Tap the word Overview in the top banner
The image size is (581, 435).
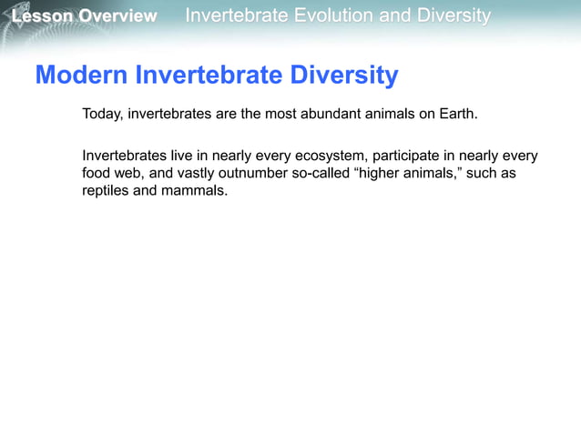[x=117, y=16]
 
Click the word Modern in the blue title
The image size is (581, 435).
[x=82, y=76]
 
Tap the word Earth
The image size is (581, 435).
[x=455, y=115]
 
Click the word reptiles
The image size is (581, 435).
[x=106, y=192]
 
